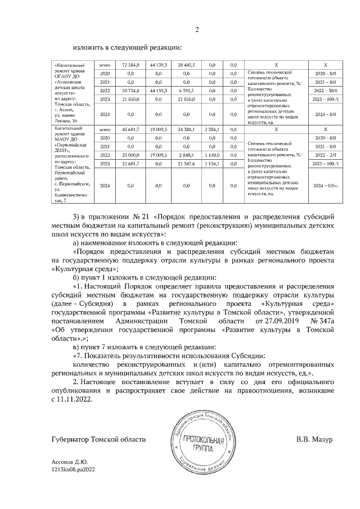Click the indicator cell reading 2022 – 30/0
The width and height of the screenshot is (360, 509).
tap(326, 90)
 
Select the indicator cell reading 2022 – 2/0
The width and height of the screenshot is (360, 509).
tap(326, 154)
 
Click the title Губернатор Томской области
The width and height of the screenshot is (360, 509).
tap(91, 439)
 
